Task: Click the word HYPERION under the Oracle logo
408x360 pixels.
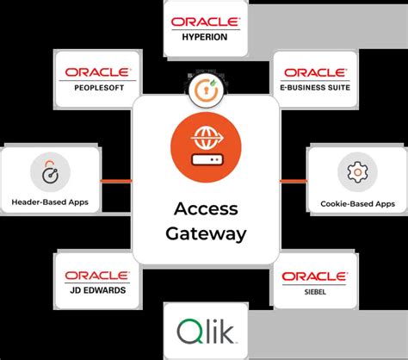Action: pyautogui.click(x=205, y=37)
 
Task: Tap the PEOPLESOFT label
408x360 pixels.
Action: pyautogui.click(x=95, y=87)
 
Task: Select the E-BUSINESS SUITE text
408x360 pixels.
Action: pyautogui.click(x=315, y=87)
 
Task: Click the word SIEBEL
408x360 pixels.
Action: pyautogui.click(x=315, y=290)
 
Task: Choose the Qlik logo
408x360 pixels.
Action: pyautogui.click(x=205, y=332)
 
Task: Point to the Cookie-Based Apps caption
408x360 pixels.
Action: pyautogui.click(x=355, y=203)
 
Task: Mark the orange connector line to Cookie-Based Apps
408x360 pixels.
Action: pyautogui.click(x=294, y=180)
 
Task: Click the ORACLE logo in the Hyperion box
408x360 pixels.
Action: pyautogui.click(x=205, y=22)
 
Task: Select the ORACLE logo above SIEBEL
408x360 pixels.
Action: pyautogui.click(x=315, y=276)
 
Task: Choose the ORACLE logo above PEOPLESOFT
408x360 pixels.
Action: pyautogui.click(x=95, y=72)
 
